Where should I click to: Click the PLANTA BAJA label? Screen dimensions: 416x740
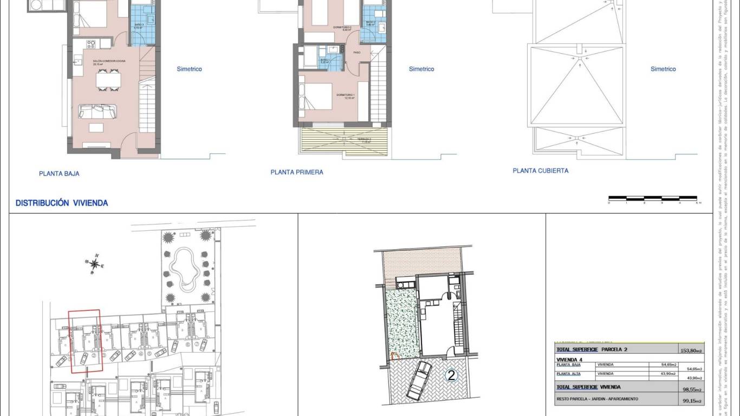(59, 174)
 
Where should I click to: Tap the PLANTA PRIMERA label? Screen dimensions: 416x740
(297, 172)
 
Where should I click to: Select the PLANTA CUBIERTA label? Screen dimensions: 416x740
(541, 171)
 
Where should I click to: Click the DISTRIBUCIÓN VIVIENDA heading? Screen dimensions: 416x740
(62, 203)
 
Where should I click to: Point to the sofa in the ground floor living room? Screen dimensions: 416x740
(98, 112)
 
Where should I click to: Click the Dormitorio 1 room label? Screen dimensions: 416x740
(345, 96)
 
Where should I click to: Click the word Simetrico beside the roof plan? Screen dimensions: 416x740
(663, 69)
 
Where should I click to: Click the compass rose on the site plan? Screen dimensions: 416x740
(95, 264)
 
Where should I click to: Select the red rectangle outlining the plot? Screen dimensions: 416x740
(85, 341)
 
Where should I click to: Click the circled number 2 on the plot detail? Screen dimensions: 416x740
(451, 375)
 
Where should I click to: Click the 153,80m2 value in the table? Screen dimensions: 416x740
(692, 350)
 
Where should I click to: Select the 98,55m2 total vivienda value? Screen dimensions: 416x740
(692, 388)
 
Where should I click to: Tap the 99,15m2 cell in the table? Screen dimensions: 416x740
(692, 401)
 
